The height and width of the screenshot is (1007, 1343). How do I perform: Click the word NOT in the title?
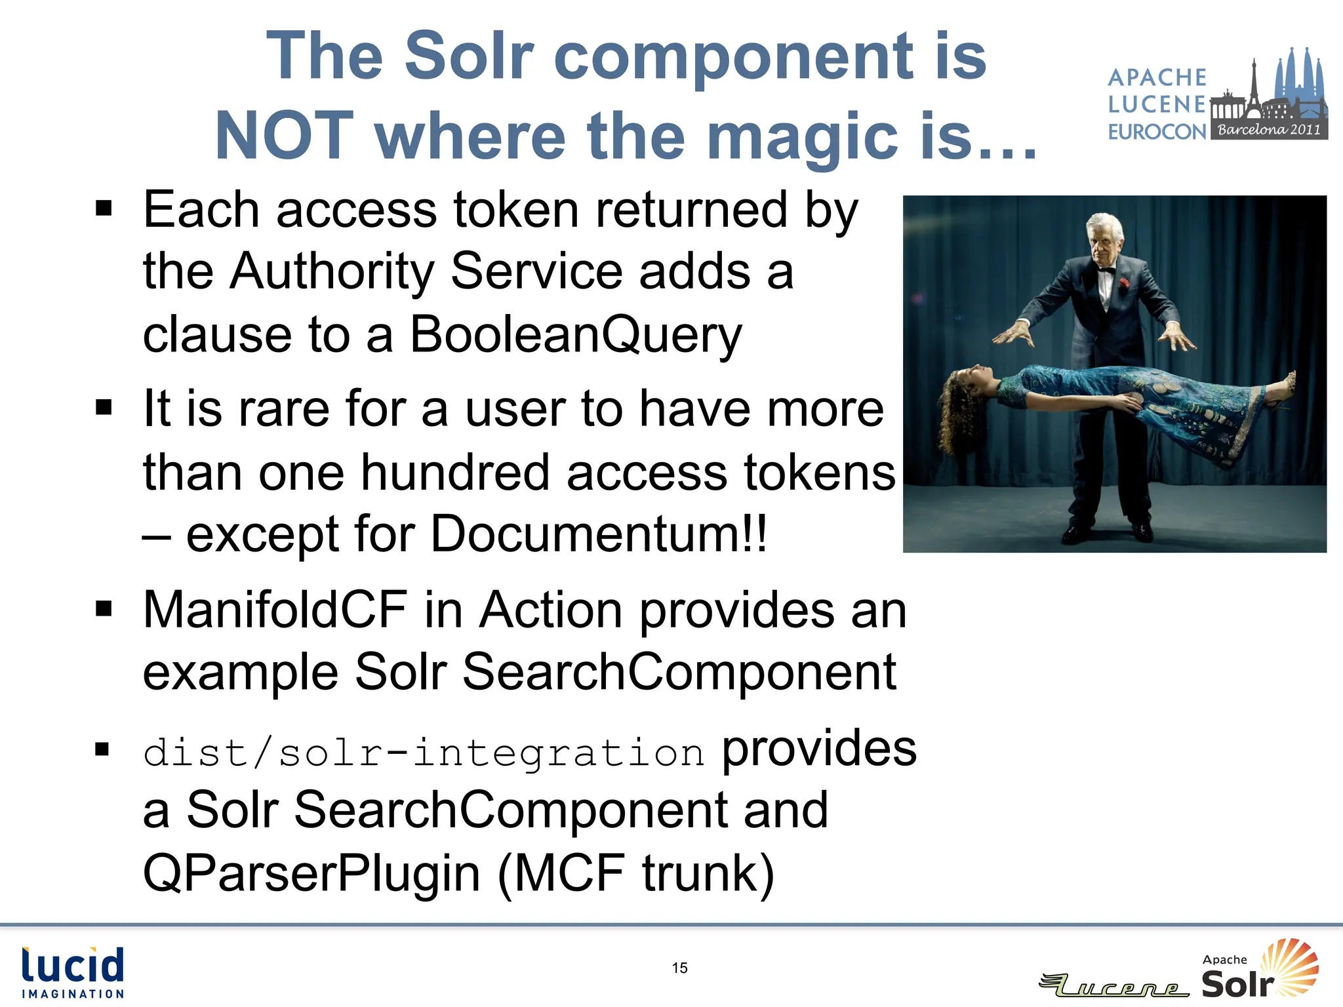tap(284, 136)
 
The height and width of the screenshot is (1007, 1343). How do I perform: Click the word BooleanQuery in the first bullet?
tap(576, 334)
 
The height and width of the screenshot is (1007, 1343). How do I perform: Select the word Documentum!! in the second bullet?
tap(598, 534)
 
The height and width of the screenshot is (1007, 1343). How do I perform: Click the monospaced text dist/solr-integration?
tap(424, 752)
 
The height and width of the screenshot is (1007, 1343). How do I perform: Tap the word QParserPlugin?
tap(312, 873)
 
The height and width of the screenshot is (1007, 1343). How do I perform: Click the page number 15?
tap(679, 968)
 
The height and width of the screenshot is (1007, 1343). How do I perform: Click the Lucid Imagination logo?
tap(73, 972)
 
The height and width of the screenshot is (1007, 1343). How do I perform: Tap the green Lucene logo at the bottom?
tap(1115, 985)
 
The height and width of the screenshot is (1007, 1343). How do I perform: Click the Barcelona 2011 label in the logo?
tap(1269, 129)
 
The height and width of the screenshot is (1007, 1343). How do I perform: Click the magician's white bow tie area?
tap(1107, 271)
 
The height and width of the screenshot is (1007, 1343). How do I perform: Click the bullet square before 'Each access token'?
tap(104, 209)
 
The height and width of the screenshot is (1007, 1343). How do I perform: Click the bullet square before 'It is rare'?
tap(104, 408)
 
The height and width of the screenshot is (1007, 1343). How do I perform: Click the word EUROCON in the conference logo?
tap(1157, 132)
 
